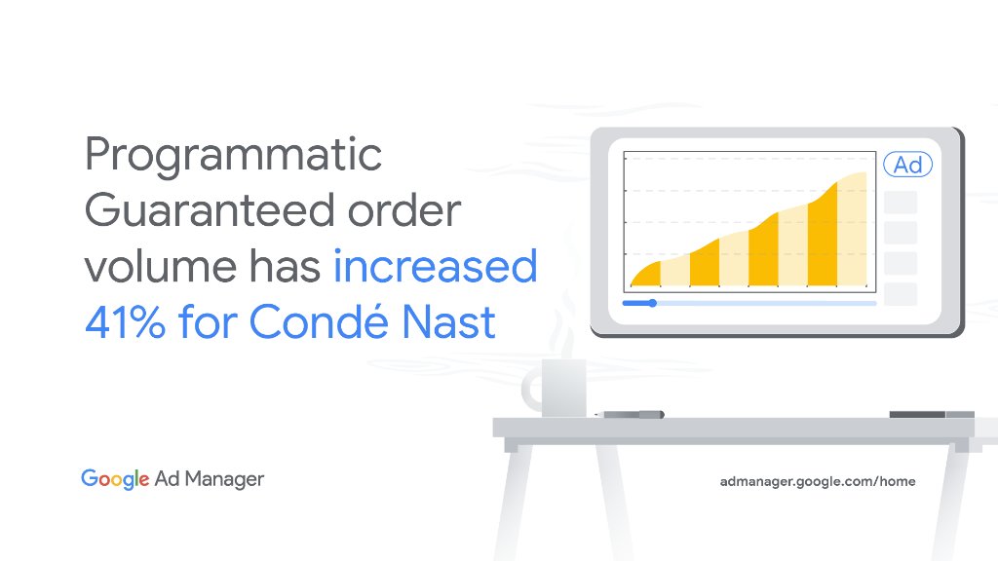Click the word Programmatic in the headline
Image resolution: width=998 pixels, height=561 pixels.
233,157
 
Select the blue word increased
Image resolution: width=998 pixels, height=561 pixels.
435,266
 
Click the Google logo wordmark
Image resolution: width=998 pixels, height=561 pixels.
115,479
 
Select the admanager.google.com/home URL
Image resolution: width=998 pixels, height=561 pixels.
817,481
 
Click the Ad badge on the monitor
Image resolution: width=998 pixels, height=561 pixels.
907,166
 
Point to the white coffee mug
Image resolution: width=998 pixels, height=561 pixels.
563,388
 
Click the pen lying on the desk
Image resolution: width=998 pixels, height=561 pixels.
632,414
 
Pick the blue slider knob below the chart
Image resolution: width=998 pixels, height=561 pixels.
652,303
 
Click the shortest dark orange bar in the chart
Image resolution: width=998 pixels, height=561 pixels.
644,275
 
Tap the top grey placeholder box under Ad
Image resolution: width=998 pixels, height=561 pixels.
900,202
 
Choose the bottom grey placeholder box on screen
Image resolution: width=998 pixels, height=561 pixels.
900,293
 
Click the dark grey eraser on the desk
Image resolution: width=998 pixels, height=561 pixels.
917,415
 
